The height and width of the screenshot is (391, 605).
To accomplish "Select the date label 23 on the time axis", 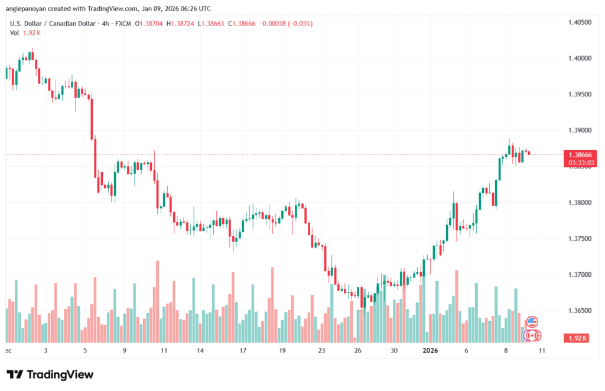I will click(322, 350).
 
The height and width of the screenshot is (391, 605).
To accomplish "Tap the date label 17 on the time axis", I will click(243, 350).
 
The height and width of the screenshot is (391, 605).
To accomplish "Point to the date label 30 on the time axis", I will click(394, 350).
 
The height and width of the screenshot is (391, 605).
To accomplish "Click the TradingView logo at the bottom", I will click(50, 374).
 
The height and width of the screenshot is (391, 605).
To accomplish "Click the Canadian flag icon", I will click(532, 335).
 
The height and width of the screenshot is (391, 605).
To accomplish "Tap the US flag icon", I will click(532, 322).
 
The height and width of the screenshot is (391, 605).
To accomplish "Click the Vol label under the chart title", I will click(14, 33).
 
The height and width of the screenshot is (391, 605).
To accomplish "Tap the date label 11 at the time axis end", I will click(541, 350).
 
